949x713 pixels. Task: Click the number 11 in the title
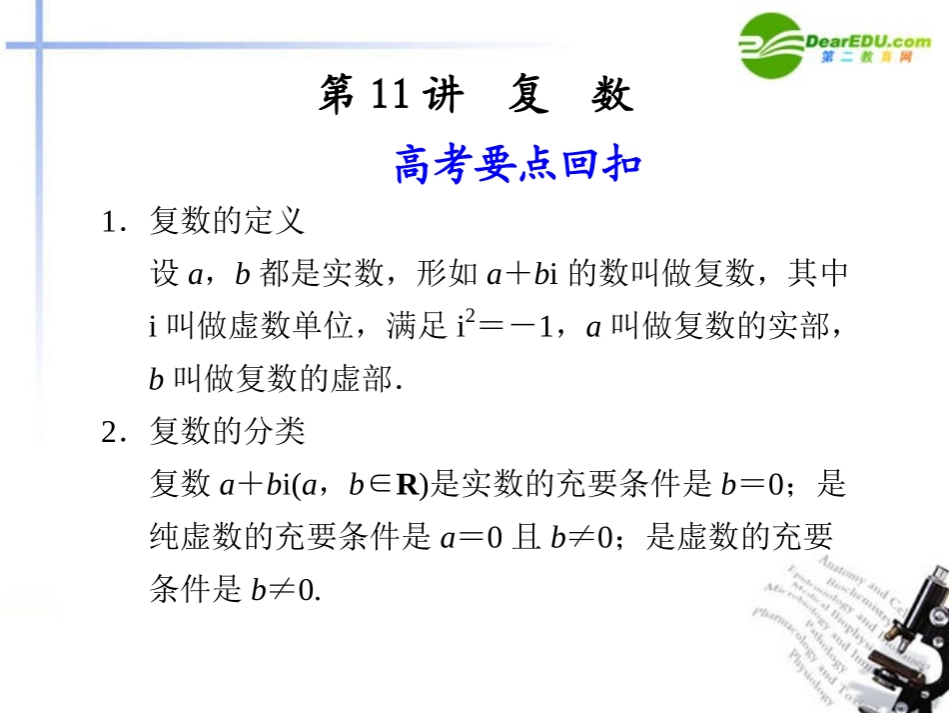390,96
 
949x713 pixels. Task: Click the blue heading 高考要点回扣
516,165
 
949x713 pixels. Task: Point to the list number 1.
110,222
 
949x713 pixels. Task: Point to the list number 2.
110,433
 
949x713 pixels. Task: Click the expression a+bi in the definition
520,274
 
